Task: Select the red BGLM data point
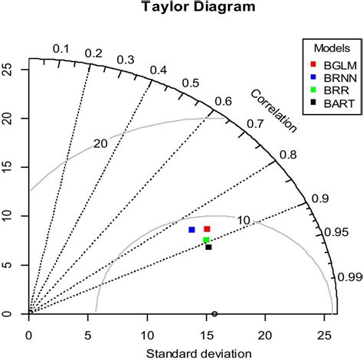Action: [x=207, y=229]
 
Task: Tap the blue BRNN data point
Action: [x=191, y=229]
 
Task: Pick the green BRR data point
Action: [x=206, y=240]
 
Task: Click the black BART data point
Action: [x=208, y=247]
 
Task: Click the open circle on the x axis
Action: [x=214, y=314]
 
